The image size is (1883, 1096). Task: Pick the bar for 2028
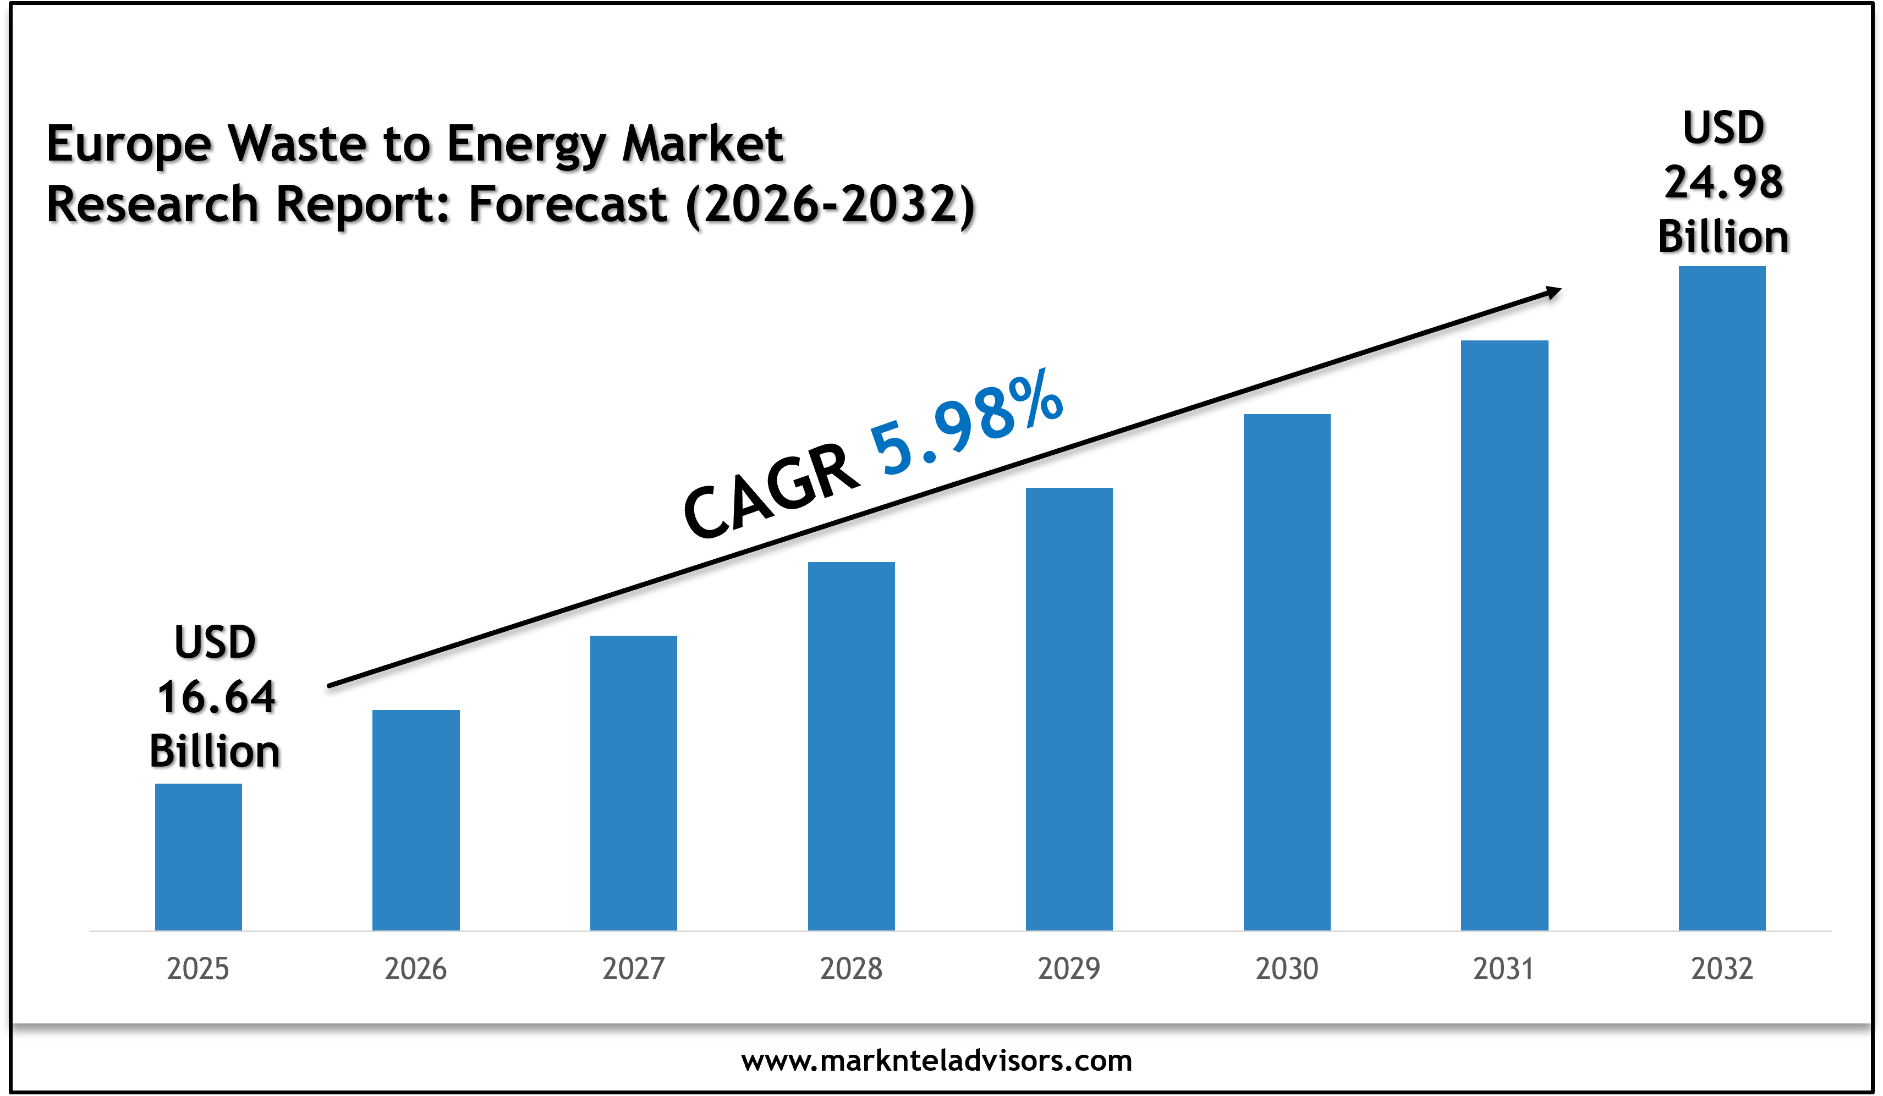[851, 746]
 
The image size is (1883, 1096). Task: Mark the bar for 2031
[1504, 635]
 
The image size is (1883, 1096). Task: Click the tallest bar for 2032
[1722, 598]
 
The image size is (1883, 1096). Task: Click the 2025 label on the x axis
[198, 969]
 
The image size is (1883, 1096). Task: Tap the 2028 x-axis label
[851, 969]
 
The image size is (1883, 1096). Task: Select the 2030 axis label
[1287, 969]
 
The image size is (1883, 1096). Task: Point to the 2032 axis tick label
[1722, 969]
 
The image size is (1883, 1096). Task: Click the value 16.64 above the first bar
[216, 697]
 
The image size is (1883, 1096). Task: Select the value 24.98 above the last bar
[1723, 182]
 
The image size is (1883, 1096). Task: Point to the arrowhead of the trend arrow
[1553, 292]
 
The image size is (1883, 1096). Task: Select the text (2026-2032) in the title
[830, 205]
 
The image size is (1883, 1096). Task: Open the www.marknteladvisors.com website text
[936, 1061]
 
